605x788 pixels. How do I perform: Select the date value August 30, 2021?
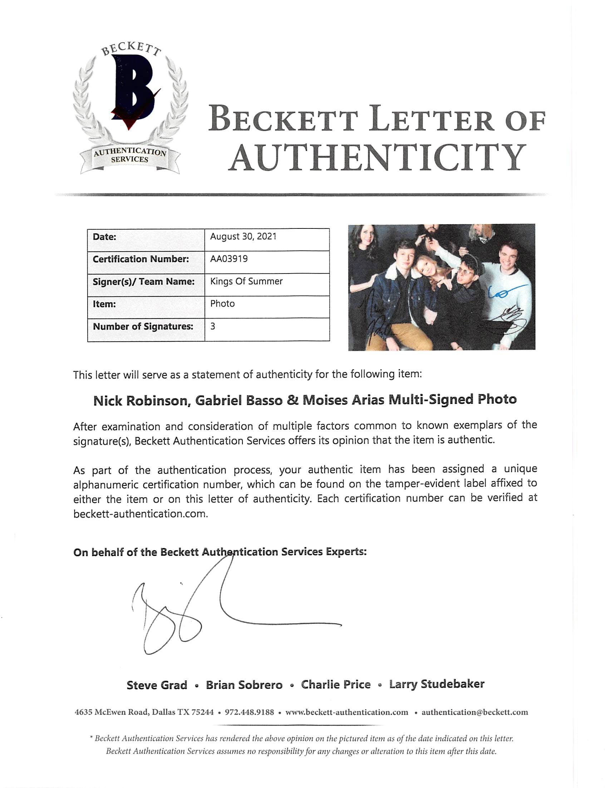[x=243, y=237]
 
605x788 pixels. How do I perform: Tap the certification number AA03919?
[x=229, y=259]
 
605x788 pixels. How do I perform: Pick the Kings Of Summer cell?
[x=246, y=281]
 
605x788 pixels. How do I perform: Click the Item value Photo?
[x=222, y=304]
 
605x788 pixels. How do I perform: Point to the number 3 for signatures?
[x=213, y=326]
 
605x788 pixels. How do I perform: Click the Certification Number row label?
[x=141, y=259]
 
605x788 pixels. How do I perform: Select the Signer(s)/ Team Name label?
[x=144, y=281]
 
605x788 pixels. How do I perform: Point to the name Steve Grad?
[x=157, y=685]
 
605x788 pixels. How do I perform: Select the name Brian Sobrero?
[x=244, y=685]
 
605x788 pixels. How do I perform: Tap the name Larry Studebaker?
[x=437, y=684]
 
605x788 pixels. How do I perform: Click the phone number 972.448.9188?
[x=249, y=713]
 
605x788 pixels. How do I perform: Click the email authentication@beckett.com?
[x=474, y=712]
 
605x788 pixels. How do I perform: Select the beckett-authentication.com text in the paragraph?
[x=140, y=514]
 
